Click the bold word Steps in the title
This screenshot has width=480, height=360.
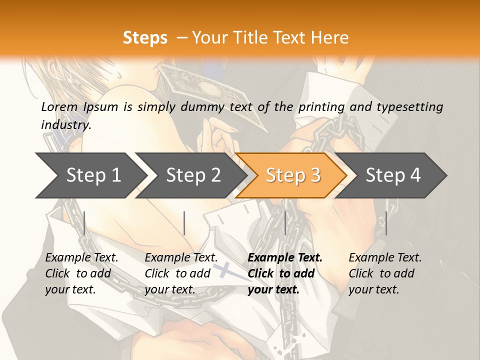145,38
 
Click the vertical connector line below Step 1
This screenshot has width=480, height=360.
84,223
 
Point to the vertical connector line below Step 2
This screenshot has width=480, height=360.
184,223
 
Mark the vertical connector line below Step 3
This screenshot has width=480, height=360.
285,223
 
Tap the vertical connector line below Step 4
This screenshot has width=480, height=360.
386,223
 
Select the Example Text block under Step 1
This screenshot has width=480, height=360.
81,273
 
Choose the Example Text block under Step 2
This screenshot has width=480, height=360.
181,273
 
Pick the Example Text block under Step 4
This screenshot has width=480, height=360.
385,273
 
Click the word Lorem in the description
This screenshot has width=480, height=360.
59,106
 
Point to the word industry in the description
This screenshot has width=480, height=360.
66,124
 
